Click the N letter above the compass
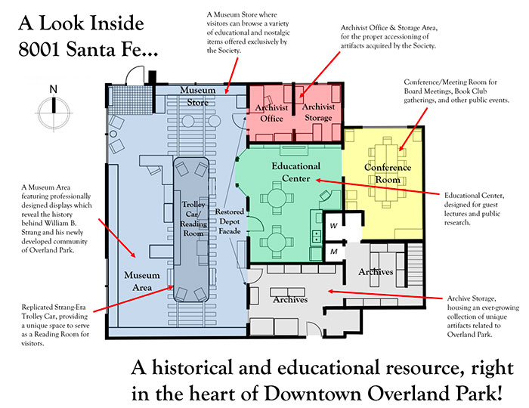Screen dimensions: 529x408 coord(54,89)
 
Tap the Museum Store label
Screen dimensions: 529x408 coord(198,96)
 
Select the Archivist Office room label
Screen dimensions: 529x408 coord(271,113)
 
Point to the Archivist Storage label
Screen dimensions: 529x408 coord(318,113)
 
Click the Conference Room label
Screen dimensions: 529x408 coord(388,173)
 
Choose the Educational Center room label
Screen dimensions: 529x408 coord(296,172)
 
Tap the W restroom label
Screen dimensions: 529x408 coord(333,226)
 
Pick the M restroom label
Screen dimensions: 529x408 coord(334,252)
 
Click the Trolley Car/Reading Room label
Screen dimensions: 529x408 coord(193,219)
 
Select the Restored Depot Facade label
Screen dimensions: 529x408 coord(230,221)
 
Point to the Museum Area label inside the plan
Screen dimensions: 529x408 coord(142,281)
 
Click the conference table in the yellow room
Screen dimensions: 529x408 coord(387,172)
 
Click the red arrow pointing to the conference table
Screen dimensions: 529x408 coord(413,129)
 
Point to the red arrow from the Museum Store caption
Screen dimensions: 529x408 coord(232,76)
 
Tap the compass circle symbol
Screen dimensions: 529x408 coord(54,113)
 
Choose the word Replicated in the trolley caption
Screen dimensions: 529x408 coord(38,308)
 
